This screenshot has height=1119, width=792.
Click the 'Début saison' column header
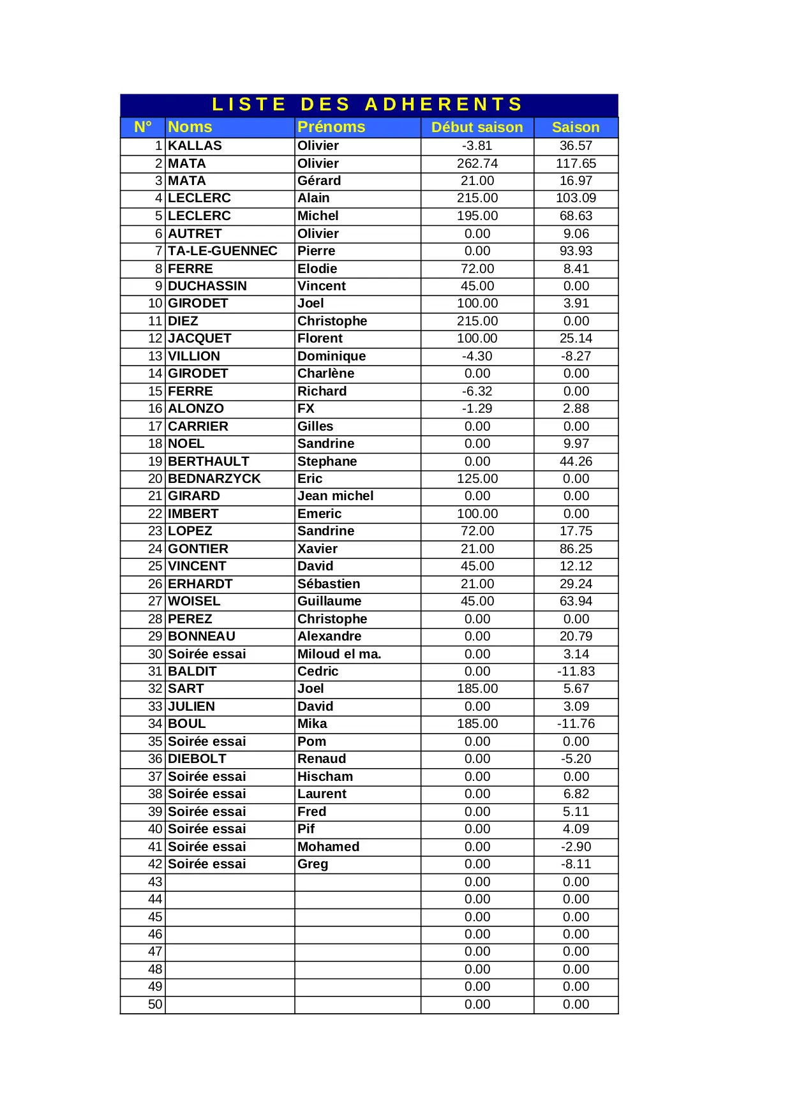click(477, 127)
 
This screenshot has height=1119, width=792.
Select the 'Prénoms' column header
click(331, 127)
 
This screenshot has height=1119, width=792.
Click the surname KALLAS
click(195, 145)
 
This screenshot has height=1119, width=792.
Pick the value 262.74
click(477, 163)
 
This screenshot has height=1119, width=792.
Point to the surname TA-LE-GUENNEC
click(222, 251)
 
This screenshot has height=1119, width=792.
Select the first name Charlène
click(325, 373)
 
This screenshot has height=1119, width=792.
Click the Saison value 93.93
click(576, 251)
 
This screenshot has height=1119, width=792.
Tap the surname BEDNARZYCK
click(214, 478)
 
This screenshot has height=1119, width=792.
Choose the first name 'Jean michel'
click(335, 496)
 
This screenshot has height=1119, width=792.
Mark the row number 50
click(155, 1004)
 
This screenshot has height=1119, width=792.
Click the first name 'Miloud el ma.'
click(339, 654)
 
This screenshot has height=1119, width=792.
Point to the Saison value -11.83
click(576, 671)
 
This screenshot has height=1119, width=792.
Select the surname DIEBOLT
click(197, 759)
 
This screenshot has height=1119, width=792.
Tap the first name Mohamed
click(328, 847)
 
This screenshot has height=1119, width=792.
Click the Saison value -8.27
click(576, 356)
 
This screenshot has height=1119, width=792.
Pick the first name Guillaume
click(329, 601)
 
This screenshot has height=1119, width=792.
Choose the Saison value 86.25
click(576, 549)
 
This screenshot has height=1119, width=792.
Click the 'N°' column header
click(143, 127)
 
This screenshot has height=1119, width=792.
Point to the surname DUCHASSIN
click(207, 286)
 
